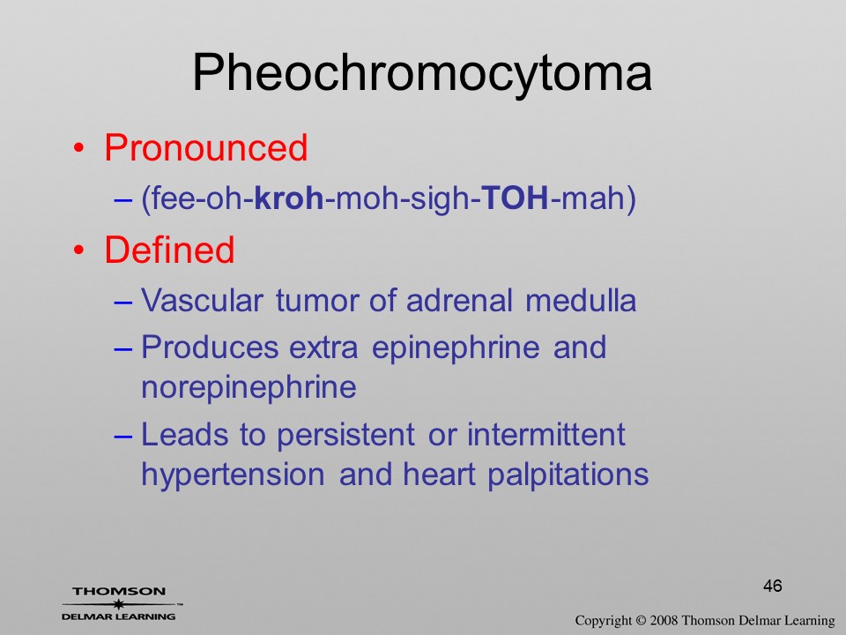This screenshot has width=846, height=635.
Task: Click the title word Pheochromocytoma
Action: click(x=422, y=73)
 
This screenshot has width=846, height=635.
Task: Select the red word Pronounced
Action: click(x=205, y=147)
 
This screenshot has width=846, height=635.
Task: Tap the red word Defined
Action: click(x=169, y=250)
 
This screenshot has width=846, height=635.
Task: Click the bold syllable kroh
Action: click(x=289, y=198)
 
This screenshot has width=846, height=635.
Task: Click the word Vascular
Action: click(x=203, y=300)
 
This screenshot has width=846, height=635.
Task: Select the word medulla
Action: click(x=581, y=300)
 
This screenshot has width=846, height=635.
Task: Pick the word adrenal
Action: click(x=459, y=300)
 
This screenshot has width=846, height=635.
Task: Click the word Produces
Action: click(x=210, y=347)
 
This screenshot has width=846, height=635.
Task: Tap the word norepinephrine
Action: click(x=249, y=388)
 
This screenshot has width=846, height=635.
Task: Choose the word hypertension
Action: click(x=233, y=475)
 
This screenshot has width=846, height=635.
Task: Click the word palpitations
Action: click(x=568, y=475)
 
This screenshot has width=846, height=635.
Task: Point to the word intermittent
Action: click(x=546, y=434)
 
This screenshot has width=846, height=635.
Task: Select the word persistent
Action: click(x=345, y=435)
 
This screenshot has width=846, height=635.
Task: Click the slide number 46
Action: click(x=773, y=586)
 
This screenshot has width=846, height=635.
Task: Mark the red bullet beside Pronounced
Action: click(x=78, y=148)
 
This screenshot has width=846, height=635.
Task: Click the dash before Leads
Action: click(x=123, y=436)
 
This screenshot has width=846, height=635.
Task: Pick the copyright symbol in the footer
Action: click(x=641, y=620)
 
